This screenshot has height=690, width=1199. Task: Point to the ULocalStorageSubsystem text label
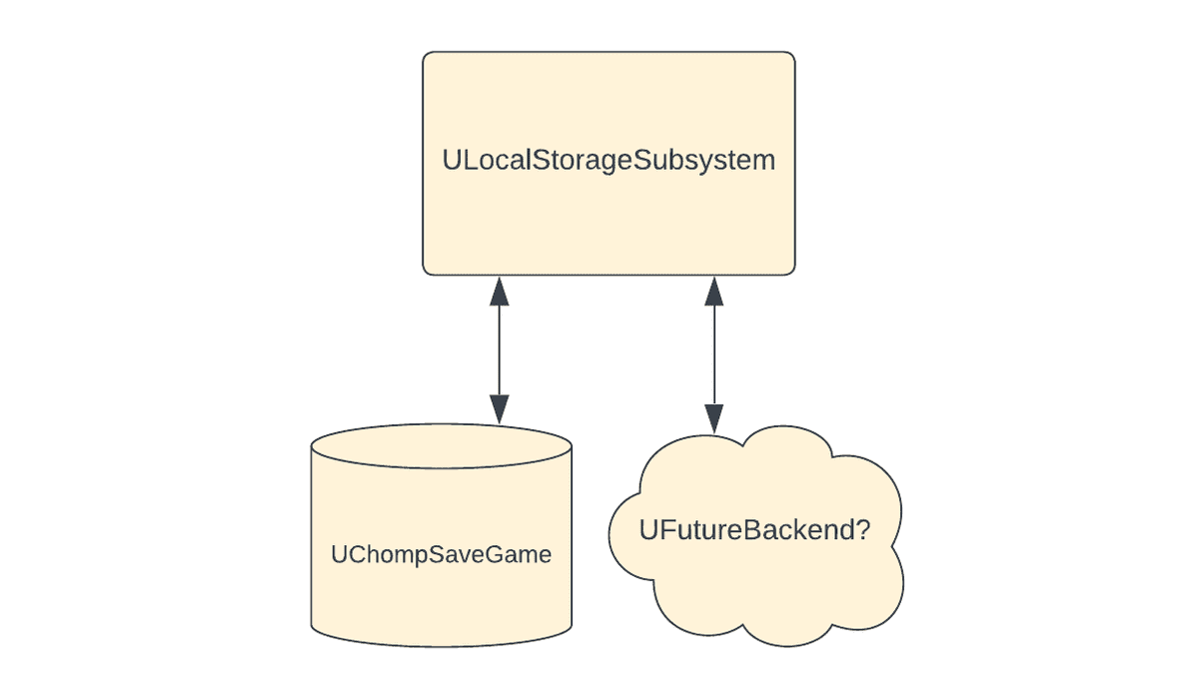click(x=608, y=160)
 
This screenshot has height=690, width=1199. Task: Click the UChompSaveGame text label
click(x=441, y=554)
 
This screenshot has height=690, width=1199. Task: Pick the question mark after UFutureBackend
click(x=862, y=530)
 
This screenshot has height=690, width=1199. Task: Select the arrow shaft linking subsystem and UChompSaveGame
click(x=499, y=349)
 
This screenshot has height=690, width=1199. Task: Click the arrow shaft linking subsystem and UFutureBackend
click(x=713, y=349)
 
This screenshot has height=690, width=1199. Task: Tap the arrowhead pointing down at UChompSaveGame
click(x=499, y=407)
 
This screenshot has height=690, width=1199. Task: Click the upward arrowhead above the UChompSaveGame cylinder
click(x=499, y=291)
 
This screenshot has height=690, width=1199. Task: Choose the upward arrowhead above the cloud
click(x=713, y=291)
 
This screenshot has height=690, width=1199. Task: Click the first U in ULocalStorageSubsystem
click(x=451, y=160)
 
